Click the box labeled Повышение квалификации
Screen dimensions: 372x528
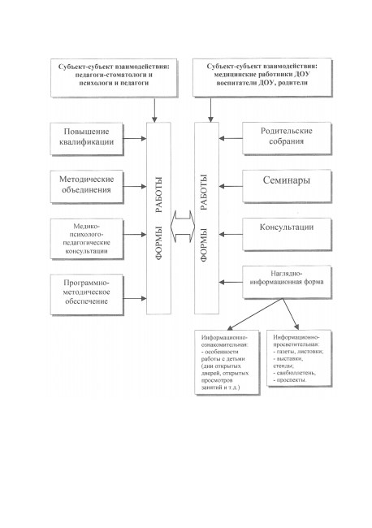coord(87,139)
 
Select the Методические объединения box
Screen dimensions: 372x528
coord(87,187)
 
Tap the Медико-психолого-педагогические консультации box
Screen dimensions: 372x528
coord(87,239)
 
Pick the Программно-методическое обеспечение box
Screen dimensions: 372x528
coord(87,295)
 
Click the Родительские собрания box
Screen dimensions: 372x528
coord(287,138)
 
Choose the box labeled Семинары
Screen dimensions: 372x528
coord(287,186)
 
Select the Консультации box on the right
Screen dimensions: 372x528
coord(287,235)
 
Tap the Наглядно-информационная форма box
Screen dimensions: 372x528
coord(287,282)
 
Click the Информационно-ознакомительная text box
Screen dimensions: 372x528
coord(227,362)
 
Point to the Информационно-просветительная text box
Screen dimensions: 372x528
coord(299,358)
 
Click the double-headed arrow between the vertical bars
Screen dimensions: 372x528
coord(183,227)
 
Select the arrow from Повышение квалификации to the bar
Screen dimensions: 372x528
coord(135,138)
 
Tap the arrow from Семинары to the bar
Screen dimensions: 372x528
coord(231,186)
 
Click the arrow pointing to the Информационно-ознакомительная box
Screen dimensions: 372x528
coord(254,314)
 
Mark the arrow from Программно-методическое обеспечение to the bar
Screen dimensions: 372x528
coord(135,298)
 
